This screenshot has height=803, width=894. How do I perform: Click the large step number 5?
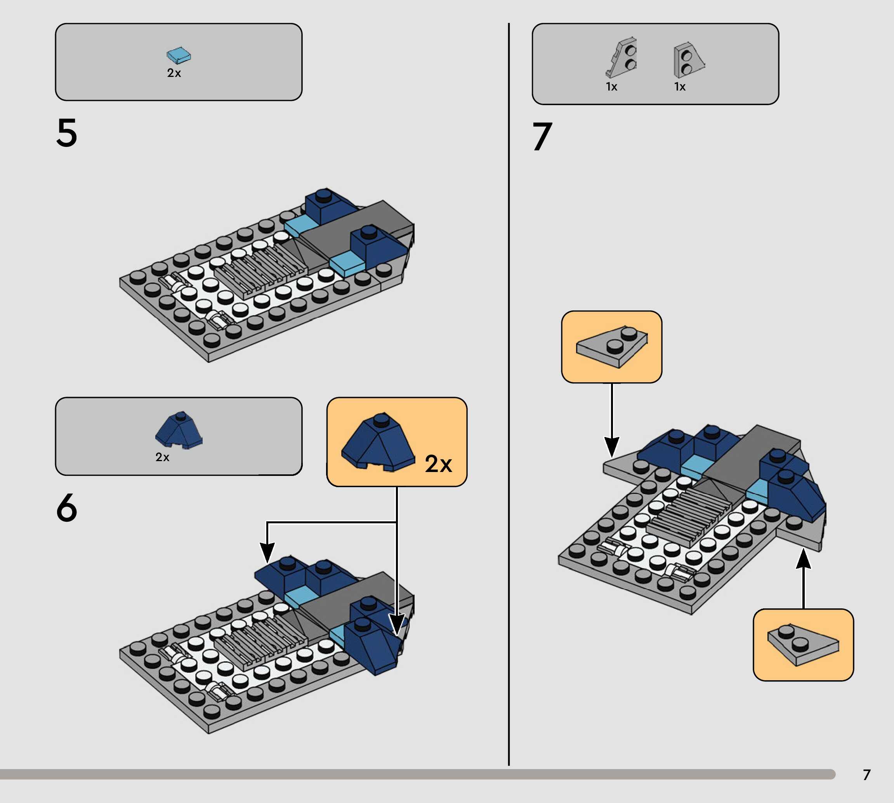67,132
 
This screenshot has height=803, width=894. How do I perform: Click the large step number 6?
67,507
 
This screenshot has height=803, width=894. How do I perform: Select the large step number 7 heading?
542,137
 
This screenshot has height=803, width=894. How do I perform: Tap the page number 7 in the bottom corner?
867,775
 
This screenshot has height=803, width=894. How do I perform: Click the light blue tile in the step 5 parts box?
179,56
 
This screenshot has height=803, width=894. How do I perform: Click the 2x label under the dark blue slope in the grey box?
162,457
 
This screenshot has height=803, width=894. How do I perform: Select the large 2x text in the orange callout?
438,464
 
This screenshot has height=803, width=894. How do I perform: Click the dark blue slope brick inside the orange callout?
378,443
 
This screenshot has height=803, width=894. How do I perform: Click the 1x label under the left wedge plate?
611,87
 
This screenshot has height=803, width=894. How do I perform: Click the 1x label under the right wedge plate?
680,87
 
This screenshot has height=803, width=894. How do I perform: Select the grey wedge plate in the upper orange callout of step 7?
612,348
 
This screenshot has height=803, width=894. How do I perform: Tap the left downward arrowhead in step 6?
267,552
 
